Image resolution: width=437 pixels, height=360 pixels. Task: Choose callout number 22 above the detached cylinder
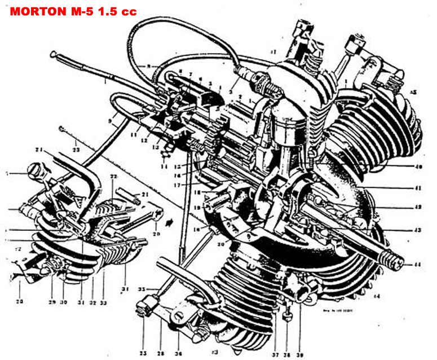click(114, 177)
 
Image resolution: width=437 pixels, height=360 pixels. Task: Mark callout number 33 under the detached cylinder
click(103, 302)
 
